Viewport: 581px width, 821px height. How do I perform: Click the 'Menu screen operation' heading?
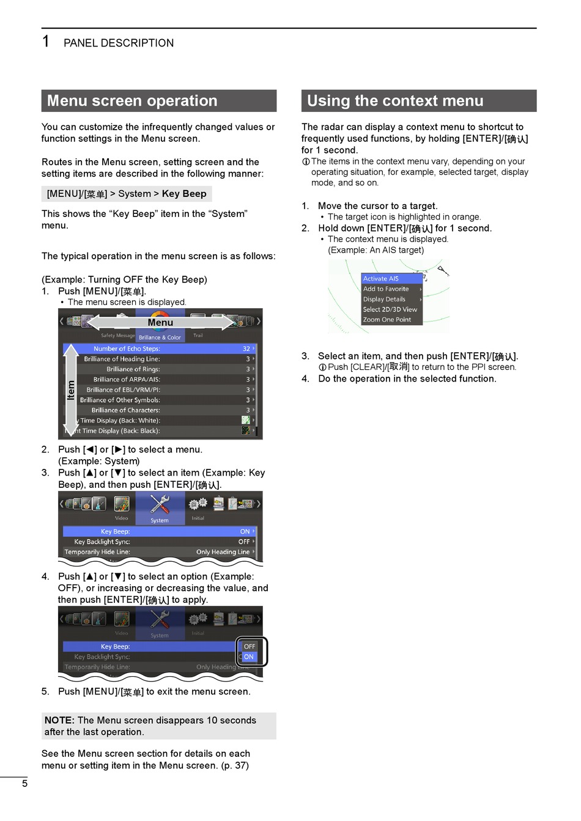click(132, 101)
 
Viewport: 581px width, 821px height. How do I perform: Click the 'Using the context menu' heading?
click(395, 101)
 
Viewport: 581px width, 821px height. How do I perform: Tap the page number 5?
click(24, 784)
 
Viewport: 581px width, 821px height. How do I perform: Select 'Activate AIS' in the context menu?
click(381, 279)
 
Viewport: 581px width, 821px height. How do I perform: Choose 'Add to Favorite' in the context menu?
click(386, 289)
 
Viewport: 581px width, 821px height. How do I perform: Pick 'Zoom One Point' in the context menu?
click(387, 320)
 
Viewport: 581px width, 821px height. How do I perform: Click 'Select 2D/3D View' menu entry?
click(390, 309)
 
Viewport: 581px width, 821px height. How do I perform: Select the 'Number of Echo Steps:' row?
click(127, 348)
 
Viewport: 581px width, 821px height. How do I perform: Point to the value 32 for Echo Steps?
click(246, 348)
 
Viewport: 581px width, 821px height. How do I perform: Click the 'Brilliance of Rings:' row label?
click(133, 369)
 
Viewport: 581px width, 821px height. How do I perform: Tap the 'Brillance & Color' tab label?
click(160, 337)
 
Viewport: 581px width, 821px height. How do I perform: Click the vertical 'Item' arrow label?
click(71, 390)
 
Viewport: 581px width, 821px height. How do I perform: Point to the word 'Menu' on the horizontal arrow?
click(160, 323)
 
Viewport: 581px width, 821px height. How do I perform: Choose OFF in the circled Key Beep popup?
click(250, 646)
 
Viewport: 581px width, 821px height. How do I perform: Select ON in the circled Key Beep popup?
click(248, 657)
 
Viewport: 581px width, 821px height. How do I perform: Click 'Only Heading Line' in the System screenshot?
click(223, 552)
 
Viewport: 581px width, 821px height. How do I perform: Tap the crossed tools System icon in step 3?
click(160, 504)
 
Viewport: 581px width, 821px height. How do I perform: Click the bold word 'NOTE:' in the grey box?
click(59, 720)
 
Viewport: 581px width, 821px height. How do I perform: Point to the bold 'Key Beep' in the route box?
click(184, 194)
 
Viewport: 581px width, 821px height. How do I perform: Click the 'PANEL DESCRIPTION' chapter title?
click(119, 43)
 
